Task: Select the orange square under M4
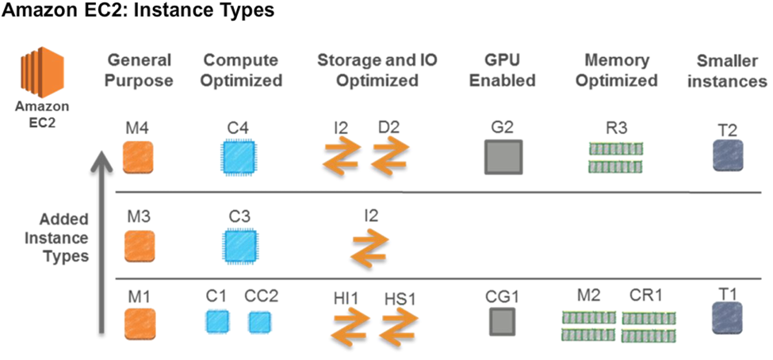pos(138,156)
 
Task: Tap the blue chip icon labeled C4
pos(236,156)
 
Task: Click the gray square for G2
pos(503,156)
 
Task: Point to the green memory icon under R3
pos(615,156)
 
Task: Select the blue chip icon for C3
pos(236,247)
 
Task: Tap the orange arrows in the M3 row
pos(369,248)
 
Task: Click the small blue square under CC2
pos(259,322)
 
